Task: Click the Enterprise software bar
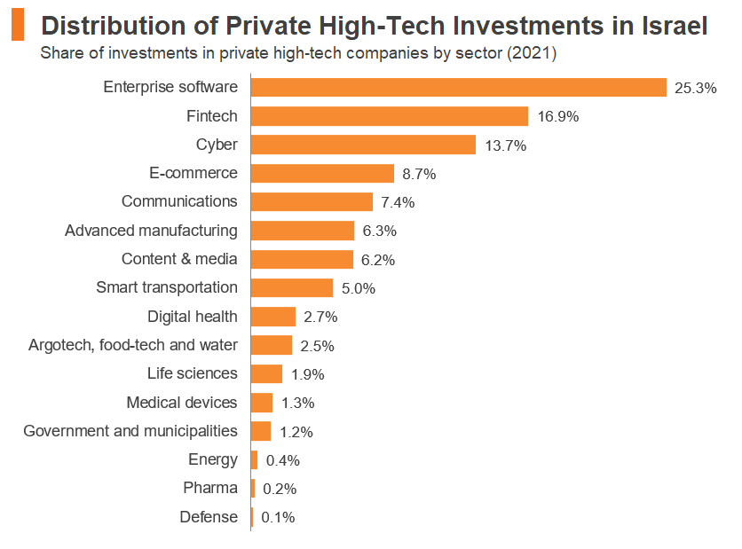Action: point(458,87)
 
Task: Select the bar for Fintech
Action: point(390,116)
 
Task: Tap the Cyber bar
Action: point(363,145)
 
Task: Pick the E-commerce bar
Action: point(322,174)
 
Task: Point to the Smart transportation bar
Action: point(292,287)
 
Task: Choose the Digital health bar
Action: point(273,317)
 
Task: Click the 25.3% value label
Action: point(695,88)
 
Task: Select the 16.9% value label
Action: point(557,116)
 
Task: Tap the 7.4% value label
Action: point(398,202)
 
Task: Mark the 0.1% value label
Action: point(278,517)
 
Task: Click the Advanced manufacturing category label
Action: point(151,231)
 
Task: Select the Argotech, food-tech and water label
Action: point(133,345)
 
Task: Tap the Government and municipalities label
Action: point(130,431)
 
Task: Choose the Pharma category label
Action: point(210,488)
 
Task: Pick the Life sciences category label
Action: point(193,373)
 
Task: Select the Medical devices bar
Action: point(262,403)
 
